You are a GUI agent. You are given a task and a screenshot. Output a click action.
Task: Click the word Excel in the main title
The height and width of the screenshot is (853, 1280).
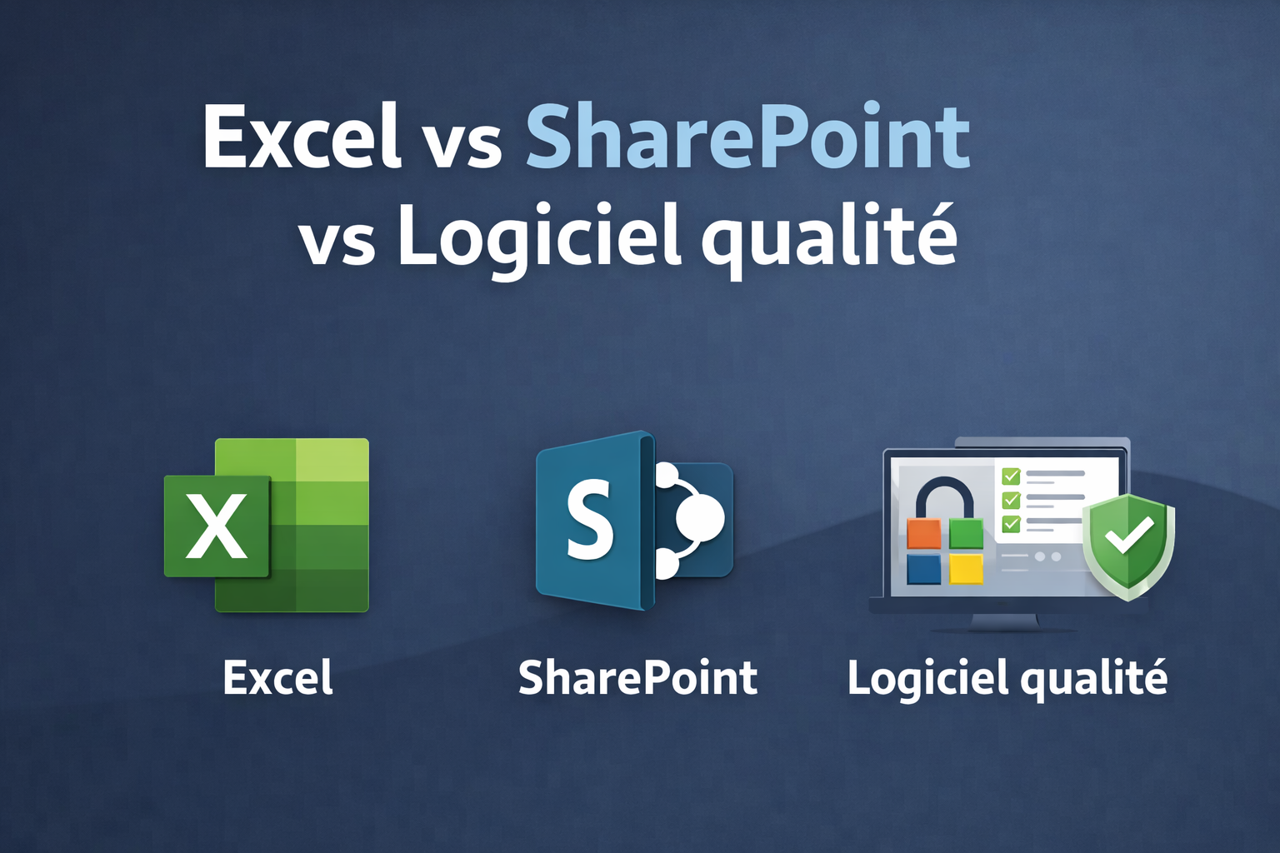click(x=301, y=136)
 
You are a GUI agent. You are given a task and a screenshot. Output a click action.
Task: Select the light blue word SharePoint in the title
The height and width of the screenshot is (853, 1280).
click(x=747, y=136)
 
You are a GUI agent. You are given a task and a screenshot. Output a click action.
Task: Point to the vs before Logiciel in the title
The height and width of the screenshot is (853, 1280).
click(x=337, y=242)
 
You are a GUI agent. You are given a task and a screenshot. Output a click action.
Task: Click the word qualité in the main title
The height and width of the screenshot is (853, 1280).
click(x=828, y=237)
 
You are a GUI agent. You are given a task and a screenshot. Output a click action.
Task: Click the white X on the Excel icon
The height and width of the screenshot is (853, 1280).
click(x=217, y=526)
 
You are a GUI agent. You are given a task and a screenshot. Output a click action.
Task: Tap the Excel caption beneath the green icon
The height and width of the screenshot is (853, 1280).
click(x=278, y=678)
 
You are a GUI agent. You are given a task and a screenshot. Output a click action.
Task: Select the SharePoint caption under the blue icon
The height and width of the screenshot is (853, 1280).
click(x=637, y=678)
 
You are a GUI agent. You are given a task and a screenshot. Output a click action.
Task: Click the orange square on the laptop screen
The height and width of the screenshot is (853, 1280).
click(x=923, y=534)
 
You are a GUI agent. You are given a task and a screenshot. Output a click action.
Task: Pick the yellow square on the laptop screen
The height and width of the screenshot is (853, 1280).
click(x=966, y=569)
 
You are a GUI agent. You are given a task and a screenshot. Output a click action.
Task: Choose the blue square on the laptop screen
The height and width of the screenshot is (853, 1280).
click(x=923, y=569)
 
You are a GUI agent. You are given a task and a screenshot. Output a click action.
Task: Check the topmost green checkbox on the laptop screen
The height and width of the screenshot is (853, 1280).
click(x=1011, y=476)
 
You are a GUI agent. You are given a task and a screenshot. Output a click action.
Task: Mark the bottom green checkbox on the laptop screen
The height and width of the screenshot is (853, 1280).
click(x=1011, y=523)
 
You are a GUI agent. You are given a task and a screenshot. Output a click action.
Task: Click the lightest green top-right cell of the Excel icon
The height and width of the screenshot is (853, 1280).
click(x=332, y=459)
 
